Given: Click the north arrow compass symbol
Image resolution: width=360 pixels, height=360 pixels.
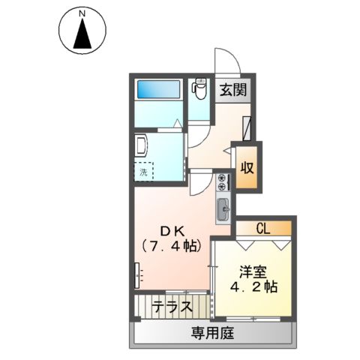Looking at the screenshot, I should (82, 33).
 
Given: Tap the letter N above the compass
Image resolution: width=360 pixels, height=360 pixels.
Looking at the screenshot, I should (82, 12).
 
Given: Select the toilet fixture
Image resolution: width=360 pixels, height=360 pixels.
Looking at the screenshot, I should (199, 91).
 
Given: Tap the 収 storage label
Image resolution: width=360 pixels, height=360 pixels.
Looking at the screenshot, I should (247, 166).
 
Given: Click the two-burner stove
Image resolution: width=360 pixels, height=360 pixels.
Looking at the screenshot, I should (223, 183).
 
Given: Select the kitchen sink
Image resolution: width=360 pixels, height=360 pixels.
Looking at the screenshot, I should (223, 209).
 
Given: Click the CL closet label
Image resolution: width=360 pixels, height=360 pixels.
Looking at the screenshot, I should (262, 228).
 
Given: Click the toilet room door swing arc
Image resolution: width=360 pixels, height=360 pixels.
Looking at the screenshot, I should (198, 133).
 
